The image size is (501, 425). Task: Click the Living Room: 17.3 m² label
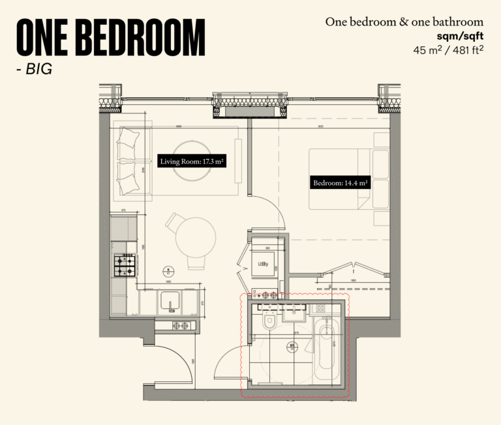(x=192, y=160)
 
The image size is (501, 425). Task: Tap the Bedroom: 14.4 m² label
(x=341, y=183)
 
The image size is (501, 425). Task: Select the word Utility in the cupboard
(x=264, y=263)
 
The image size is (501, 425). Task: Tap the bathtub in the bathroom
(x=326, y=349)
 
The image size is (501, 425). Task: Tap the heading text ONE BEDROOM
(x=110, y=37)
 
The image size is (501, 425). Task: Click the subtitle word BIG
(x=38, y=68)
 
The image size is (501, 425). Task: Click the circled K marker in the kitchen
(x=168, y=271)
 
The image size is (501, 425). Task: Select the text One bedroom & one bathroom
(x=404, y=22)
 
